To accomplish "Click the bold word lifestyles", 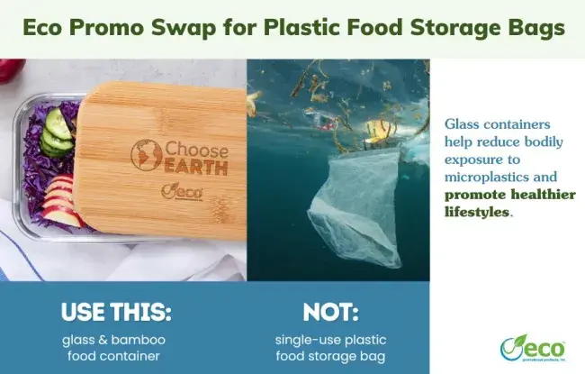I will pos(477,212).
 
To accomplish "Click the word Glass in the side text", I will pos(463,123).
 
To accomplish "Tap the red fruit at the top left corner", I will pos(6,68).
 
